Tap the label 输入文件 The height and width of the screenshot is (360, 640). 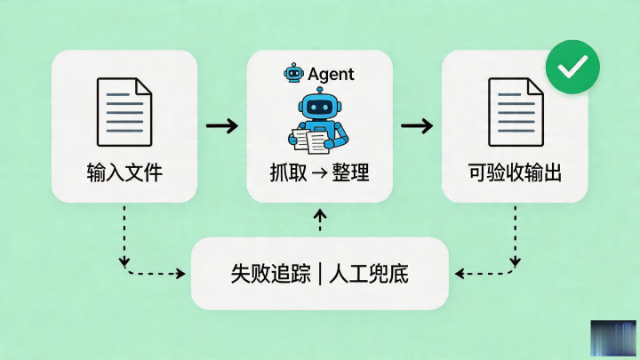[x=124, y=172]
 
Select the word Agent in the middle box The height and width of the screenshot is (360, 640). [x=331, y=74]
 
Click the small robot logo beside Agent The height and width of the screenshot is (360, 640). [x=293, y=73]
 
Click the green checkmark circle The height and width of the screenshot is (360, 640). [x=572, y=67]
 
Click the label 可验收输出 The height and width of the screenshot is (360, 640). [x=515, y=172]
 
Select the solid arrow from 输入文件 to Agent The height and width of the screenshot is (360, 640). [x=221, y=125]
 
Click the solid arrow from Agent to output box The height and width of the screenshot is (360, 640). [x=416, y=125]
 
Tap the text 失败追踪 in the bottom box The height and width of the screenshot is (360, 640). [x=267, y=273]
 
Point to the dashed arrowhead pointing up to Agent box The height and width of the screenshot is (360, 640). [x=320, y=216]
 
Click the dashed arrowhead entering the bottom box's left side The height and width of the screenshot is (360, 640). [x=186, y=272]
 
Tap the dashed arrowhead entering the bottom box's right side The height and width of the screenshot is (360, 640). [x=458, y=272]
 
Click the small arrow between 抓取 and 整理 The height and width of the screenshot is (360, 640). [x=320, y=172]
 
